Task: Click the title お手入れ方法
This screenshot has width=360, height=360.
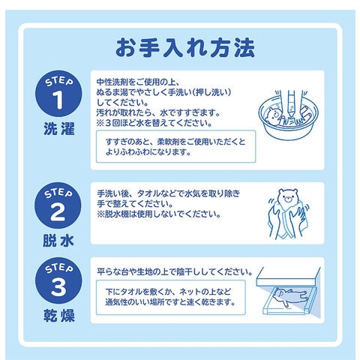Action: pyautogui.click(x=185, y=47)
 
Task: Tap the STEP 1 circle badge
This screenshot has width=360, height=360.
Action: pyautogui.click(x=58, y=94)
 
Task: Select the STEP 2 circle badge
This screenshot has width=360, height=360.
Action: pyautogui.click(x=58, y=205)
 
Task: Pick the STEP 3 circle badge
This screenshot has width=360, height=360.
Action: pyautogui.click(x=58, y=280)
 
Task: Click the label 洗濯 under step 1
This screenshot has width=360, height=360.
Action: pyautogui.click(x=59, y=129)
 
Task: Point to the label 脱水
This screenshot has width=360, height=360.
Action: pyautogui.click(x=58, y=241)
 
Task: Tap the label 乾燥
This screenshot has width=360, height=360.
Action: pyautogui.click(x=59, y=316)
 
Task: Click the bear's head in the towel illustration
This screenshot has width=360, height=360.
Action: pyautogui.click(x=288, y=196)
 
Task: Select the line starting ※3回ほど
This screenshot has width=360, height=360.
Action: pyautogui.click(x=154, y=123)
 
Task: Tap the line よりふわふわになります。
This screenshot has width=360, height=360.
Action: pyautogui.click(x=148, y=152)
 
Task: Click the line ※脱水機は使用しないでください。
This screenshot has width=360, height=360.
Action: pyautogui.click(x=159, y=214)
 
